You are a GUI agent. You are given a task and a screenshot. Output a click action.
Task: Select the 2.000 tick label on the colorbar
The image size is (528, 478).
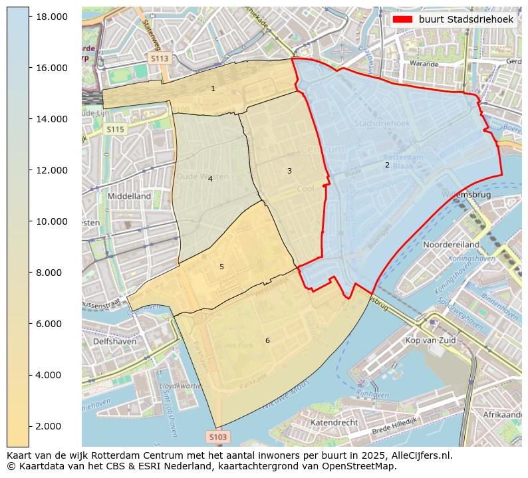(51, 426)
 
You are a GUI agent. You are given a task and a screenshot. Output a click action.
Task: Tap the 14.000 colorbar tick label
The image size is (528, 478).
(51, 119)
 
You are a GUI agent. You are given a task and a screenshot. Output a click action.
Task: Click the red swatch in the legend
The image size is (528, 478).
(403, 20)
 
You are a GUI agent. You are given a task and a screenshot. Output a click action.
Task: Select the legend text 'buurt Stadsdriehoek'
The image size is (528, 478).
(465, 20)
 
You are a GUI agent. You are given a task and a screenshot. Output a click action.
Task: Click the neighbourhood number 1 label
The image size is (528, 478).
(213, 88)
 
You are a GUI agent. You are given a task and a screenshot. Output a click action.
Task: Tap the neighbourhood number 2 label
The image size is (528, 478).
(387, 165)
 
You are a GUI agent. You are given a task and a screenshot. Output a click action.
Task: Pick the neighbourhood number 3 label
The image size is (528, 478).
(289, 171)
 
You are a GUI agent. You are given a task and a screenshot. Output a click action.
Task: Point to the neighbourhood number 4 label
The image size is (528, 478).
(210, 179)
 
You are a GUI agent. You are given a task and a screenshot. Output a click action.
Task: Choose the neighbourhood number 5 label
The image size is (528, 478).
(221, 267)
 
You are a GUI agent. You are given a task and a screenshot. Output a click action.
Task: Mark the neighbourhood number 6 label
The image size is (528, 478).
(267, 340)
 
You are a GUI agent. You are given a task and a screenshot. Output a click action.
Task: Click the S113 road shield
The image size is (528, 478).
(160, 59)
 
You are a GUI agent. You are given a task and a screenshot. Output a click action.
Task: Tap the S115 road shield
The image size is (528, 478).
(115, 130)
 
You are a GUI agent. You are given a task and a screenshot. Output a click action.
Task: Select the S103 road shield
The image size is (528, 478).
(217, 437)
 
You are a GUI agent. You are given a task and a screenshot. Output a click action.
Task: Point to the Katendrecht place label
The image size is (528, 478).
(334, 422)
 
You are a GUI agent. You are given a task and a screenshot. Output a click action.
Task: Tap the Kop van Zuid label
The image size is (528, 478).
(430, 340)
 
